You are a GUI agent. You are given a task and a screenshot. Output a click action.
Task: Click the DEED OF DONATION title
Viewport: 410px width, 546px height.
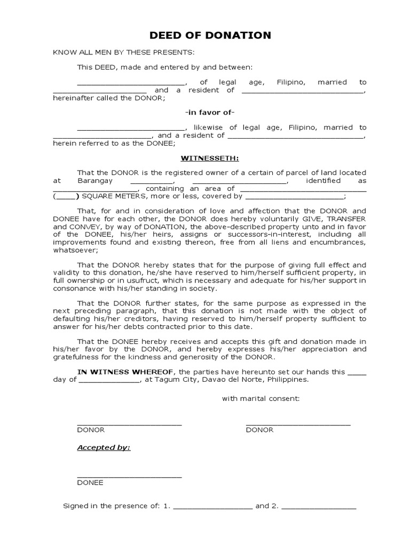pos(210,36)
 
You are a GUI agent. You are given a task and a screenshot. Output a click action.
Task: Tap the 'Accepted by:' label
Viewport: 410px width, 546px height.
pos(104,447)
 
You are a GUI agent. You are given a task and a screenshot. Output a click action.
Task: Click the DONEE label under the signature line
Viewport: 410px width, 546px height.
pos(90,483)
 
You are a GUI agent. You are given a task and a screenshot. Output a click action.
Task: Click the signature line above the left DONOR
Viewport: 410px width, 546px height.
pos(129,424)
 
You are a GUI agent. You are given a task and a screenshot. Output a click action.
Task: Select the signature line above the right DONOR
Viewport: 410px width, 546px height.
pos(298,424)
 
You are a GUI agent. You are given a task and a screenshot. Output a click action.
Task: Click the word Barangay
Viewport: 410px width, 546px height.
pos(94,181)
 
